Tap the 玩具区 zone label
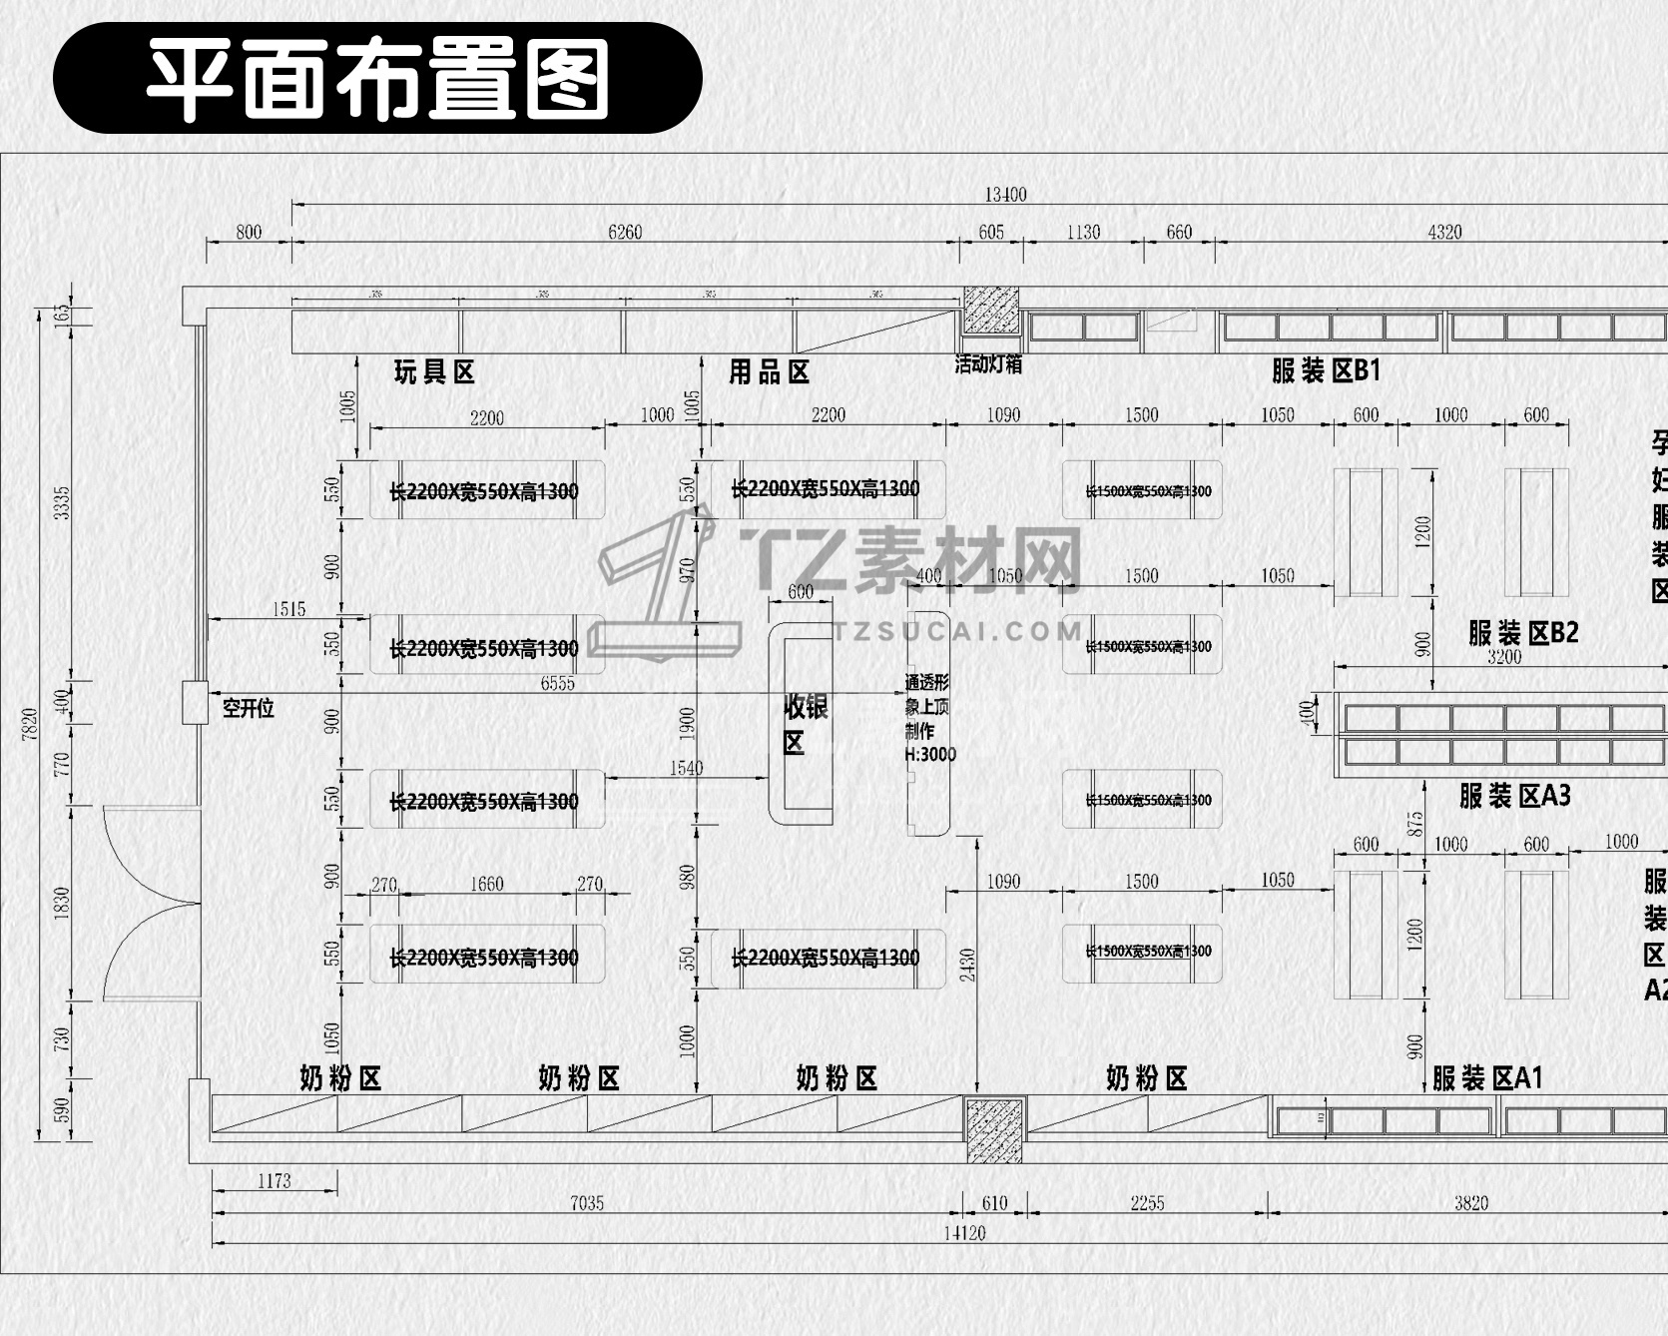(434, 372)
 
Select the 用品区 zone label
(769, 372)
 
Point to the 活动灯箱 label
(988, 364)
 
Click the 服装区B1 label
(1326, 370)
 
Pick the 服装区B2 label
(1523, 632)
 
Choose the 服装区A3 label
(1514, 796)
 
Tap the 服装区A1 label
(1487, 1078)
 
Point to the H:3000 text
(930, 755)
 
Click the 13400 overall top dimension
(1005, 195)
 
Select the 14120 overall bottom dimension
(964, 1233)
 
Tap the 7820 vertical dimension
(30, 723)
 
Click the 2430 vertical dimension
(967, 965)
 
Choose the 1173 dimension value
(275, 1181)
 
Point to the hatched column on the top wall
(991, 311)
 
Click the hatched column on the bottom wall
(994, 1129)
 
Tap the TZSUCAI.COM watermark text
(958, 631)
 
